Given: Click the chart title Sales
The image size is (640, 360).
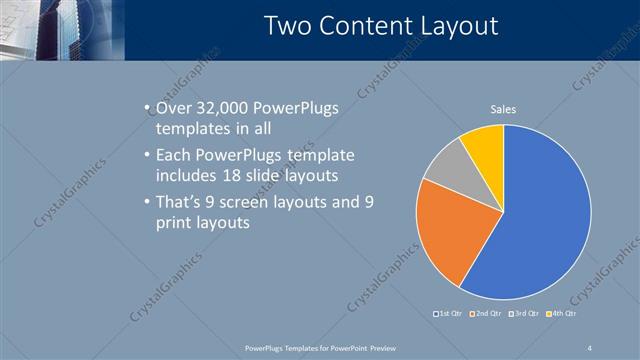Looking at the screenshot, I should (502, 109).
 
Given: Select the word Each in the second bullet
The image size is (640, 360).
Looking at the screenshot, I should (174, 156).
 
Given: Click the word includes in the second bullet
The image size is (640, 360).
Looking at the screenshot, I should (186, 176).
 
